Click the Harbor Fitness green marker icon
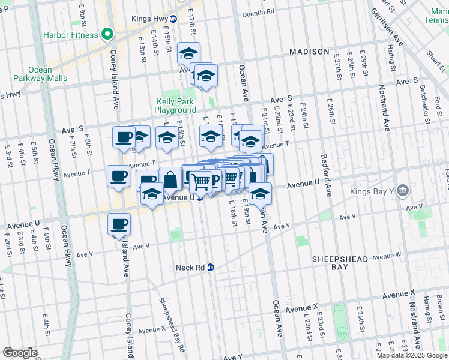tap(107, 34)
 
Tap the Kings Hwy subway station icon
tap(173, 19)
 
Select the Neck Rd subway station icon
tap(211, 268)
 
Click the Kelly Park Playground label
tap(175, 106)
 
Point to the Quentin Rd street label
tap(258, 11)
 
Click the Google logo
tap(19, 353)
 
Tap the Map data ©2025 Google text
tap(412, 355)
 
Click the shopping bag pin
tap(170, 179)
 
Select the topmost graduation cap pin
tap(189, 54)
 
